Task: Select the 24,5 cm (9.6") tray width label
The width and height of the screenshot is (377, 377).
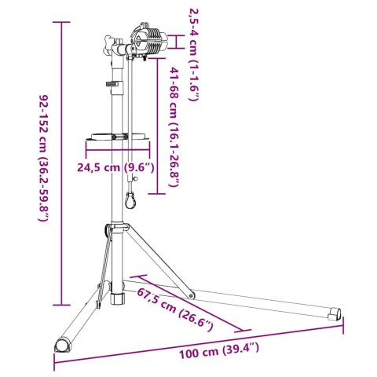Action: point(115,167)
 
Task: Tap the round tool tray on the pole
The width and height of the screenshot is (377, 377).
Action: point(115,136)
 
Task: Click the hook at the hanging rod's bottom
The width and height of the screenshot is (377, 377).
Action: point(134,203)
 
